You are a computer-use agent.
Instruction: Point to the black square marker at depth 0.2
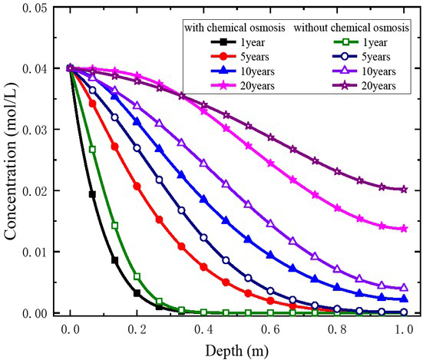click(x=137, y=293)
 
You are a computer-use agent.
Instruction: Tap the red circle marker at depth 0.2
click(x=137, y=186)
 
